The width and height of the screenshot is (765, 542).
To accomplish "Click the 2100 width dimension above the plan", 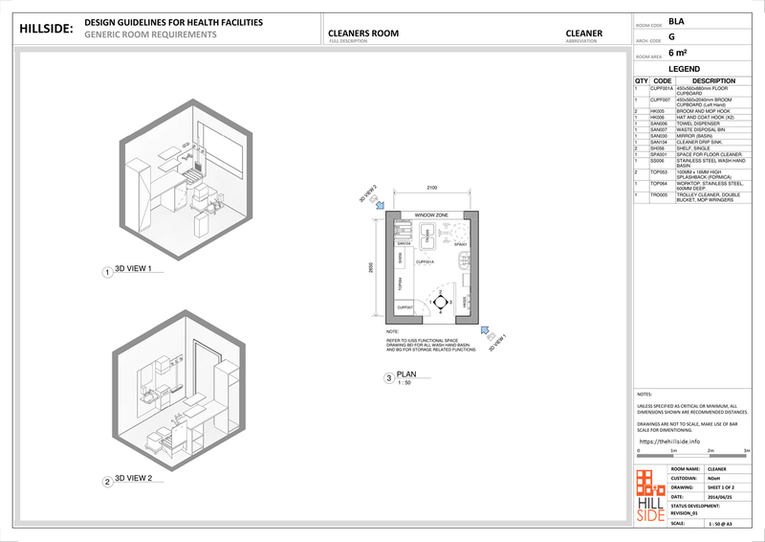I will (432, 189).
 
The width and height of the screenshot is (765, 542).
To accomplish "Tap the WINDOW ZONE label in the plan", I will (432, 215).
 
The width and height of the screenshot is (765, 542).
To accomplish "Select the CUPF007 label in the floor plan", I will (404, 306).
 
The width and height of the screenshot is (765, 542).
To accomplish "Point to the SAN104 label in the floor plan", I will (404, 244).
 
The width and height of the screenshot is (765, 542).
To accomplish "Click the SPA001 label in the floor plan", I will (460, 244).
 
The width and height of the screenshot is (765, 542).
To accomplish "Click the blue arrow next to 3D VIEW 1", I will (485, 332).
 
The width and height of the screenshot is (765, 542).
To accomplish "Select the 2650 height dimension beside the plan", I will (371, 270).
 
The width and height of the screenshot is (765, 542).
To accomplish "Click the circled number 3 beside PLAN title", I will (388, 378).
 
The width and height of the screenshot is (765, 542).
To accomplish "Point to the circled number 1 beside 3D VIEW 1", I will (106, 272).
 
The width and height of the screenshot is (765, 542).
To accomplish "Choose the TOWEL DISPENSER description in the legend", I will (694, 124).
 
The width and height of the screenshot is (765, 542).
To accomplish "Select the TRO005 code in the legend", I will (659, 195).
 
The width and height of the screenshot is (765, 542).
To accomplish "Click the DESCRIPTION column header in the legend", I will (706, 81).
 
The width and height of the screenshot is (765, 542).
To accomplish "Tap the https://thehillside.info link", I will (674, 441).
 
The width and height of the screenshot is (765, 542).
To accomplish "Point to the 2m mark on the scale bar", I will (711, 450).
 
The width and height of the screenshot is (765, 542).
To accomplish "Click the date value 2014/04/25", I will (719, 496).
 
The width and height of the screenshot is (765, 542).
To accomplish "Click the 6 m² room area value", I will (678, 55).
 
